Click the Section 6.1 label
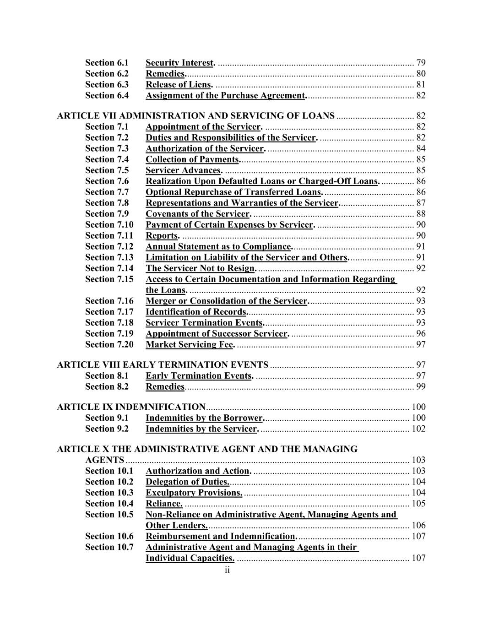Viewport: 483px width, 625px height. click(107, 63)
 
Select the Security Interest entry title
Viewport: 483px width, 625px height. click(179, 63)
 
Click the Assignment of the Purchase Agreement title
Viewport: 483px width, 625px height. click(225, 96)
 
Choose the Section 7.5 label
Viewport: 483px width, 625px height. click(107, 170)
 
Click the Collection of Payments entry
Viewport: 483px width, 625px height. click(192, 159)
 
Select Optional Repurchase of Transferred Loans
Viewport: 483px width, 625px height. click(233, 192)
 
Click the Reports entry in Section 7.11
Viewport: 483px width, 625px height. click(162, 236)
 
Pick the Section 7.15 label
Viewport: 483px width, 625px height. click(109, 279)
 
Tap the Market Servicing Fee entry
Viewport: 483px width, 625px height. click(190, 345)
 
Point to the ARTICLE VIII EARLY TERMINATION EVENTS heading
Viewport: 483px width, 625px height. click(163, 365)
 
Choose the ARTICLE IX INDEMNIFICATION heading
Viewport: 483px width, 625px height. click(131, 407)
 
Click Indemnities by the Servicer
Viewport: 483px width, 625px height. click(201, 429)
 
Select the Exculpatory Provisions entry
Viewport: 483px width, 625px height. click(194, 493)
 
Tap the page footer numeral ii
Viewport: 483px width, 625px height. click(227, 570)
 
